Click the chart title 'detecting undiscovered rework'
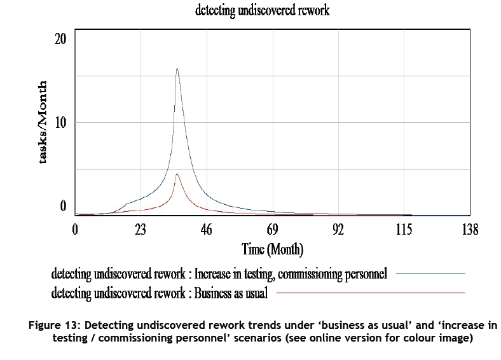point(263,11)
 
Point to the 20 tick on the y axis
point(60,39)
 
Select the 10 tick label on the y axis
point(60,122)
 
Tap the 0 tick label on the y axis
point(63,205)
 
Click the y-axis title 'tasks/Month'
point(43,122)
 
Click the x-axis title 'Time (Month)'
point(272,249)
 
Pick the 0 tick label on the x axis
point(75,229)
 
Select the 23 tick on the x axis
point(141,229)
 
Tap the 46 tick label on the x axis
point(206,229)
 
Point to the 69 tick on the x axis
point(272,229)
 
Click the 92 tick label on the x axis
point(338,229)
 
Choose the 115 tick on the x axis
point(403,229)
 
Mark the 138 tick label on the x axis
point(469,229)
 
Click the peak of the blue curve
point(177,69)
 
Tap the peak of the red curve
point(177,174)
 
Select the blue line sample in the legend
point(430,273)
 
